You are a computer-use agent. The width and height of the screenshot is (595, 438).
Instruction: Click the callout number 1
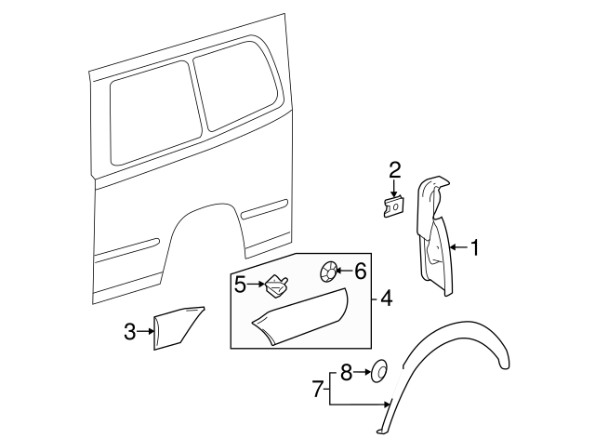pos(475,248)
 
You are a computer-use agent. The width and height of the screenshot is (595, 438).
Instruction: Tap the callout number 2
pos(395,169)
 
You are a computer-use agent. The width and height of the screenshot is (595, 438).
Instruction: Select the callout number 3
pos(129,330)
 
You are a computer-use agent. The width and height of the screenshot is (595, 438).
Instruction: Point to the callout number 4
pos(386,299)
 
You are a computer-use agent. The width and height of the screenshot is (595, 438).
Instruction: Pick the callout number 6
pos(361,271)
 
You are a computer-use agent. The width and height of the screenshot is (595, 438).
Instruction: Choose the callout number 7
pos(316,389)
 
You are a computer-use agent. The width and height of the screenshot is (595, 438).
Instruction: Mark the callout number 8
pos(346,373)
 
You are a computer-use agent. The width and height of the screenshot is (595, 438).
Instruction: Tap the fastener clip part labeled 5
pos(276,283)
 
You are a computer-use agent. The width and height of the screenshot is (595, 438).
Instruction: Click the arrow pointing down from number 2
pos(395,187)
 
